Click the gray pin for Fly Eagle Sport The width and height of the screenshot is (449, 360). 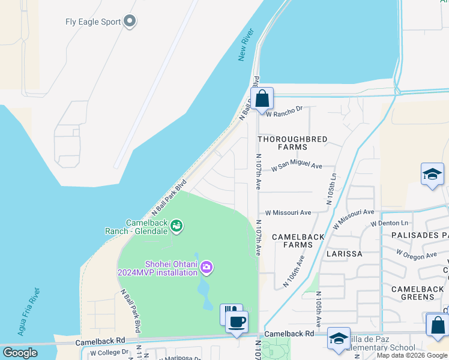click(130, 22)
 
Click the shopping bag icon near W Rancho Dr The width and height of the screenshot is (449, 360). click(262, 98)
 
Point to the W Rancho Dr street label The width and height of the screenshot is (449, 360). click(285, 110)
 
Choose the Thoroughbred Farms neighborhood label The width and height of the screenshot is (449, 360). click(292, 143)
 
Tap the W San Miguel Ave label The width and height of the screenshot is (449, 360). click(297, 167)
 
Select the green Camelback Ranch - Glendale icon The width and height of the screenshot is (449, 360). click(176, 226)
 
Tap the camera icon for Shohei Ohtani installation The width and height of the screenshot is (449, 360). click(206, 267)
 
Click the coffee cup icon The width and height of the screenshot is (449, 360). click(237, 322)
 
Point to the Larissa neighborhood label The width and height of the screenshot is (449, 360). click(344, 254)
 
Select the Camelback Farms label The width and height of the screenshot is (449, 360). click(298, 241)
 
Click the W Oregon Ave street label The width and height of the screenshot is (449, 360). click(416, 254)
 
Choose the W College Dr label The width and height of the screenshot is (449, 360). click(109, 353)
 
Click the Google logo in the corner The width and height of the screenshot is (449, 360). click(20, 353)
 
